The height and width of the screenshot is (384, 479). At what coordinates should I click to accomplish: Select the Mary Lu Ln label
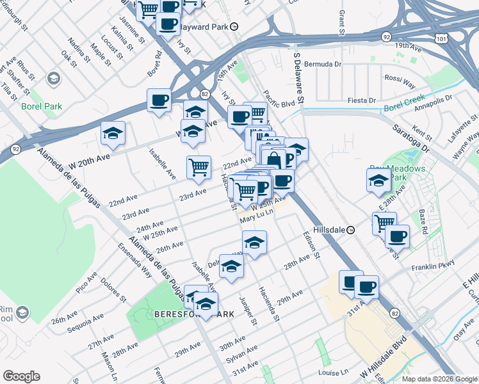[x=257, y=218]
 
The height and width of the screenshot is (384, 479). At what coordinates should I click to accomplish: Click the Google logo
[x=21, y=376]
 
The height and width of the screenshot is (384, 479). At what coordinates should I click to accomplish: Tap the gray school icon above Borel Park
[x=54, y=79]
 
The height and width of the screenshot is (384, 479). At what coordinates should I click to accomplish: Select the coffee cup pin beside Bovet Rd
[x=159, y=100]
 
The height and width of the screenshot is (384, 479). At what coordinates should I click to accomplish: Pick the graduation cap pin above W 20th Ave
[x=113, y=132]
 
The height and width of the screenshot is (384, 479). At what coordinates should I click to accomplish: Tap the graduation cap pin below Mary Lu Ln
[x=254, y=242]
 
